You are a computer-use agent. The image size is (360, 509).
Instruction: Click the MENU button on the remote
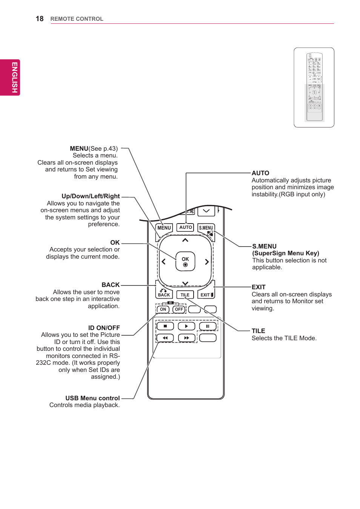coord(164,228)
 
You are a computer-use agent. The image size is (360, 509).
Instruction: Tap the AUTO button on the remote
coord(185,227)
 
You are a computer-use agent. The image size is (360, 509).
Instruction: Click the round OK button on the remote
coord(185,261)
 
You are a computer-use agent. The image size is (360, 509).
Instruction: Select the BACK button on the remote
coord(164,294)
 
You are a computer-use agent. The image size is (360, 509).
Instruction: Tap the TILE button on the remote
coord(185,295)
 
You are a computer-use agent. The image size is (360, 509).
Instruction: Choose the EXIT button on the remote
coord(206,295)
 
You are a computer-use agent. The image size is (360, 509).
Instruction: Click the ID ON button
coord(163,309)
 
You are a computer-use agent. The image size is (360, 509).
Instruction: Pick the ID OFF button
coord(179,309)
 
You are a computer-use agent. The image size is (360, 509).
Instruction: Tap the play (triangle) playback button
coord(186,326)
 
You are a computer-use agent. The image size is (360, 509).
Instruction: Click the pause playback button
coord(208,326)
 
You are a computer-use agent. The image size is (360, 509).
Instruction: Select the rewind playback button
coord(165,338)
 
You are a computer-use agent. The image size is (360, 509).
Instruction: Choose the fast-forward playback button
coord(186,338)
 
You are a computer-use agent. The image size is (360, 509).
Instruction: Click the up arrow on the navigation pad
coord(185,240)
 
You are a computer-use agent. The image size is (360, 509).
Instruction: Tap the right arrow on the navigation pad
coord(207,262)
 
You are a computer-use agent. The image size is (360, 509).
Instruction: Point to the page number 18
coord(40,19)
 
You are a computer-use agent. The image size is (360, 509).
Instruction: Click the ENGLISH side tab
coord(14,77)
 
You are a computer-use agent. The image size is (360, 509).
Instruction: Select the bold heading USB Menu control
coord(92,398)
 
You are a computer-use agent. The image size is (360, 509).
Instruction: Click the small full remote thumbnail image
coord(314,87)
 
